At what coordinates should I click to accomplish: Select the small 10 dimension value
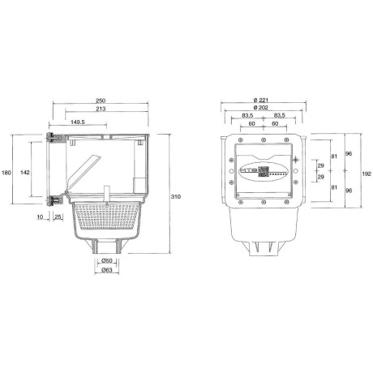(x=41, y=217)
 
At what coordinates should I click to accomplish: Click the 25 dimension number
(x=58, y=217)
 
